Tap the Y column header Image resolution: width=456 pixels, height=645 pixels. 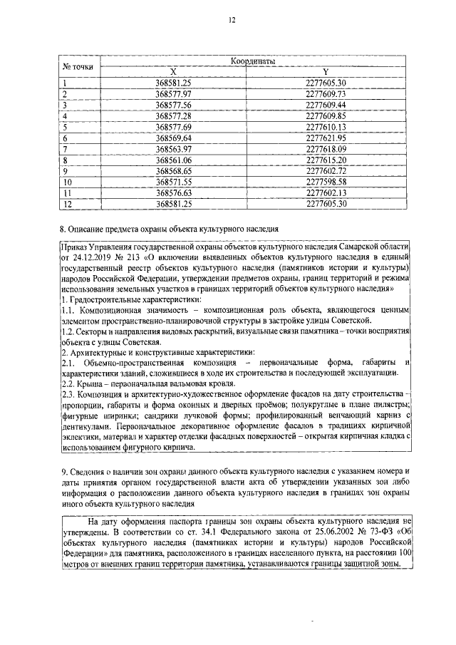(325, 72)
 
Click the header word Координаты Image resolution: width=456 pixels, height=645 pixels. (253, 63)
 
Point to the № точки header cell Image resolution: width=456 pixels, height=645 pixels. (78, 67)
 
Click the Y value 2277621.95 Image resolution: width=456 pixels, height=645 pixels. (325, 137)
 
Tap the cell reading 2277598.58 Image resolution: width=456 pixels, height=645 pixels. (325, 181)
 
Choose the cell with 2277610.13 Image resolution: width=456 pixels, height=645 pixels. (325, 126)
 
